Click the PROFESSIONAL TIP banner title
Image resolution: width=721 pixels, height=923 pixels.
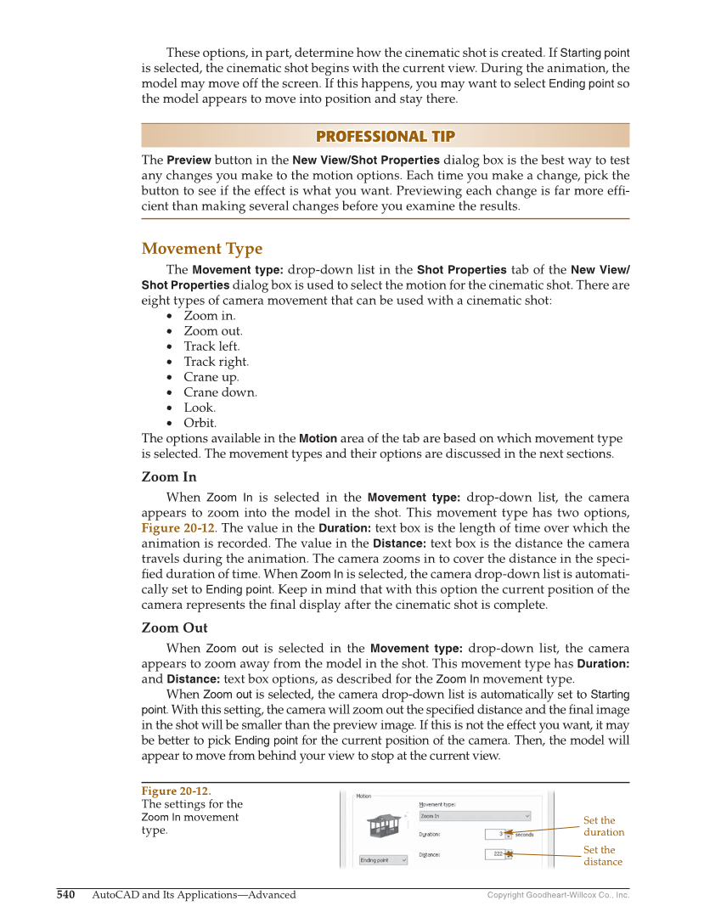[x=385, y=137]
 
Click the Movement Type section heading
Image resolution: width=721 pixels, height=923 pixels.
[x=202, y=249]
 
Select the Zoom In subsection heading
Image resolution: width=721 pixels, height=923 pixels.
[x=168, y=477]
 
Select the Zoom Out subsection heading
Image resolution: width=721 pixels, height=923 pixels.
[x=174, y=628]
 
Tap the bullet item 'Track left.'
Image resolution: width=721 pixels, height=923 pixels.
[x=211, y=346]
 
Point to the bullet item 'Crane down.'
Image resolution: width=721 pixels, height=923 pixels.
[x=220, y=392]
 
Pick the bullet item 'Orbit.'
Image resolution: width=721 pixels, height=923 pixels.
[x=200, y=423]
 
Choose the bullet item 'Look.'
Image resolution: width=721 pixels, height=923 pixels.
[x=200, y=408]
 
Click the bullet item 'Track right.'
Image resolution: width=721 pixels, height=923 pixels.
[x=216, y=362]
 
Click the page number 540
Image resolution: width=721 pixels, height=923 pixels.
[x=66, y=895]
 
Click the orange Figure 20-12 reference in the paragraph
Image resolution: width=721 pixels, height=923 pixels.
[x=177, y=528]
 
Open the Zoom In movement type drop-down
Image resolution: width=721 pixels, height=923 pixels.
[x=475, y=816]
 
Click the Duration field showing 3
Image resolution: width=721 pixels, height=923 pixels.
[x=499, y=834]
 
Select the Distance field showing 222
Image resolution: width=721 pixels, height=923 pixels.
[x=499, y=854]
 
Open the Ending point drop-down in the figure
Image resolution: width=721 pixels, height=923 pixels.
[x=383, y=860]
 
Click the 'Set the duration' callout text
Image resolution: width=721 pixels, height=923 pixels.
[x=603, y=826]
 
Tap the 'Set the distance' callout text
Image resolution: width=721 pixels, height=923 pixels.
[x=602, y=856]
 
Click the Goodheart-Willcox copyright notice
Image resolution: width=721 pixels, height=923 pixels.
[x=558, y=895]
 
